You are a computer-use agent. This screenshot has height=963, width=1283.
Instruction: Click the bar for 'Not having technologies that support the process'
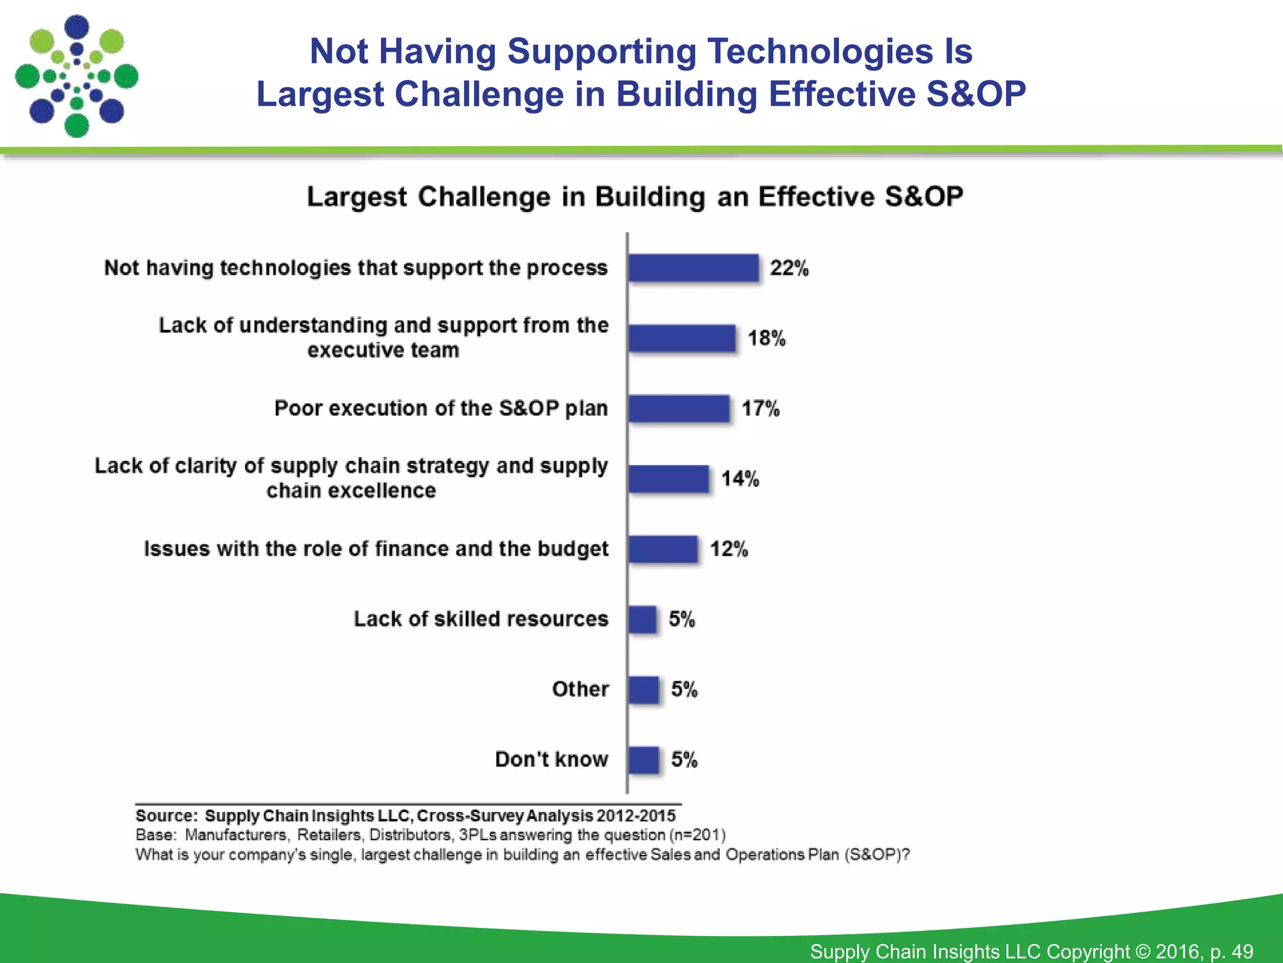(x=693, y=268)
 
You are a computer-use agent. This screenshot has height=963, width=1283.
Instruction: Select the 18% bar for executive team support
(x=682, y=339)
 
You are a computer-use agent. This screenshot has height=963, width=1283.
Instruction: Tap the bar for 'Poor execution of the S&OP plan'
(x=679, y=409)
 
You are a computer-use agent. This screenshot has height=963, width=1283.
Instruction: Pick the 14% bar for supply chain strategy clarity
(x=668, y=479)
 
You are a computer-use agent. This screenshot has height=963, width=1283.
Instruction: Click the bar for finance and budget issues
(x=663, y=549)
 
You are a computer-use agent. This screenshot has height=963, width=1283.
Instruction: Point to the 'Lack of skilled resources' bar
(x=642, y=619)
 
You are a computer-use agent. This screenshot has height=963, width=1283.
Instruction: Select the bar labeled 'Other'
(x=643, y=690)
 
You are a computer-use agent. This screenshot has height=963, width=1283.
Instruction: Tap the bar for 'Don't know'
(x=643, y=760)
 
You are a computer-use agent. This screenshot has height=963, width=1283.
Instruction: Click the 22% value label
(x=789, y=268)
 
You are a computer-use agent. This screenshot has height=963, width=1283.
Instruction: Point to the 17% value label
(x=761, y=409)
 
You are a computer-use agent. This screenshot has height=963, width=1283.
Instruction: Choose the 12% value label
(x=729, y=549)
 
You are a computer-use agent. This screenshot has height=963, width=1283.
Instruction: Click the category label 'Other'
(x=580, y=689)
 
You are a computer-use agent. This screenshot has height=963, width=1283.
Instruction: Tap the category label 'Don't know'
(x=551, y=759)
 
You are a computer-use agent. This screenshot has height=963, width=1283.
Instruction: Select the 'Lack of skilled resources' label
(x=480, y=619)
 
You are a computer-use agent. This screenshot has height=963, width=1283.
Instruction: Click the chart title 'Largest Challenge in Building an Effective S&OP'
(x=635, y=197)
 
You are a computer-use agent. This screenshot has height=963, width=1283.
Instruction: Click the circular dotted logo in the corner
(x=76, y=76)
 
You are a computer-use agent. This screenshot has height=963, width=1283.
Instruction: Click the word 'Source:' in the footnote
(x=167, y=816)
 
